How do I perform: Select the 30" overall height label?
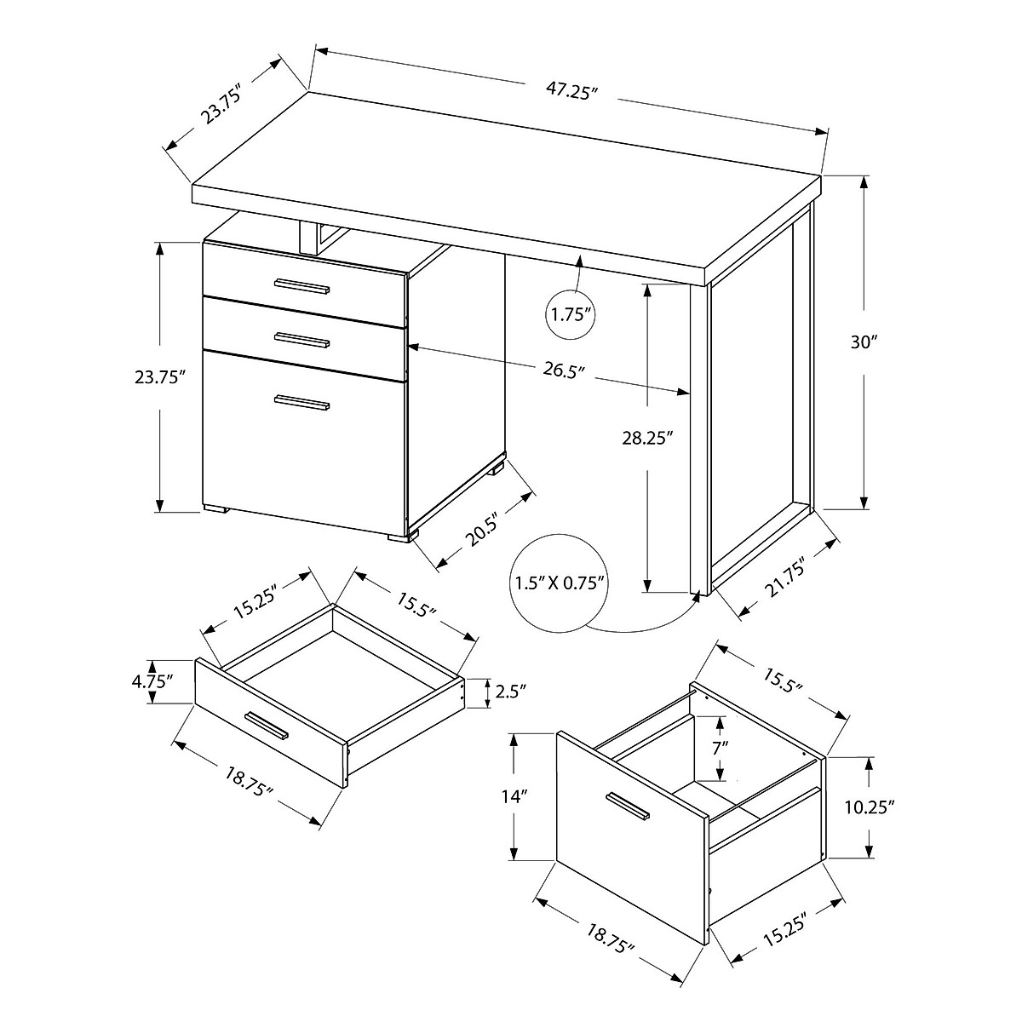coord(864,342)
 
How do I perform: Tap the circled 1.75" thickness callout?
coord(571,314)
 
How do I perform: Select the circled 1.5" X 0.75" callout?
coord(560,583)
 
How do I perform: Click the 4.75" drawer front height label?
coord(153,680)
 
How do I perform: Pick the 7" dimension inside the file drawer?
coord(721,748)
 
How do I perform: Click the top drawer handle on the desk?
coord(301,286)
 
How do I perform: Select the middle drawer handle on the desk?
coord(301,341)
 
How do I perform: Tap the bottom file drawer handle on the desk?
coord(301,404)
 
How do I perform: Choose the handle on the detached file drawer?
coord(627,807)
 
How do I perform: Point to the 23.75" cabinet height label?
coord(160,377)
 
